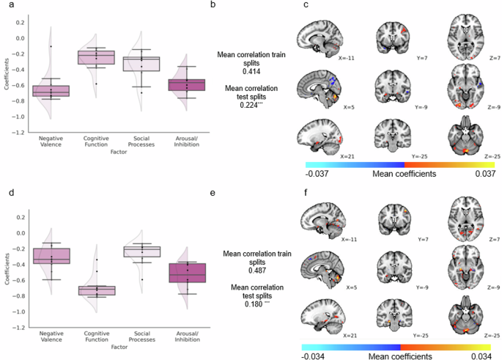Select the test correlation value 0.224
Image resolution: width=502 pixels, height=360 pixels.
click(251, 106)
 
